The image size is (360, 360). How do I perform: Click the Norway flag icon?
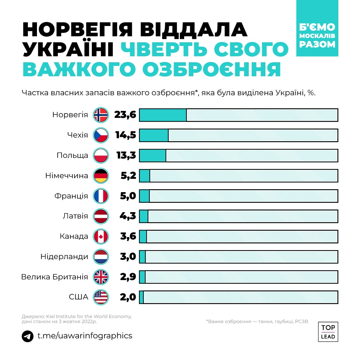pos(101,115)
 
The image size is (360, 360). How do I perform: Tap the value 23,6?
pos(125,115)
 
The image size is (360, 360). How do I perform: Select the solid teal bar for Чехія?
pos(154,135)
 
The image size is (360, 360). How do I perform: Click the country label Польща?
pos(72,156)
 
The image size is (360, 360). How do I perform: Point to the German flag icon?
pos(101,176)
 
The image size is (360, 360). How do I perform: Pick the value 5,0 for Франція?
pos(128,196)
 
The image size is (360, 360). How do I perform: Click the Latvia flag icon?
pos(101,216)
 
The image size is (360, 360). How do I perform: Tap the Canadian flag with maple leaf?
pos(101,236)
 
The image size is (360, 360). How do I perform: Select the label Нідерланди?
pos(64,257)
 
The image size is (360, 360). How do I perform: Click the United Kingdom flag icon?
pos(101,277)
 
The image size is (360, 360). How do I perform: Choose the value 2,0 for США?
pos(128,297)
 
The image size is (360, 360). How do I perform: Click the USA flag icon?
pos(101,297)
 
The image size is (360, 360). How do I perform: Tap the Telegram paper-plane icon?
pos(28,336)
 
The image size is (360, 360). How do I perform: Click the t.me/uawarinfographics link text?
pos(85,336)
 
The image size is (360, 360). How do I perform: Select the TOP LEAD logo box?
pos(328,332)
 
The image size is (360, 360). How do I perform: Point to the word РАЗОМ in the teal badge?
pos(317,44)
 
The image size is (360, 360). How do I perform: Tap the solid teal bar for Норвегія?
pos(163,115)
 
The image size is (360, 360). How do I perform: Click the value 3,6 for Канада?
pos(128,236)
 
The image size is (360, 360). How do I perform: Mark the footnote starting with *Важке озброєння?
pos(257,322)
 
